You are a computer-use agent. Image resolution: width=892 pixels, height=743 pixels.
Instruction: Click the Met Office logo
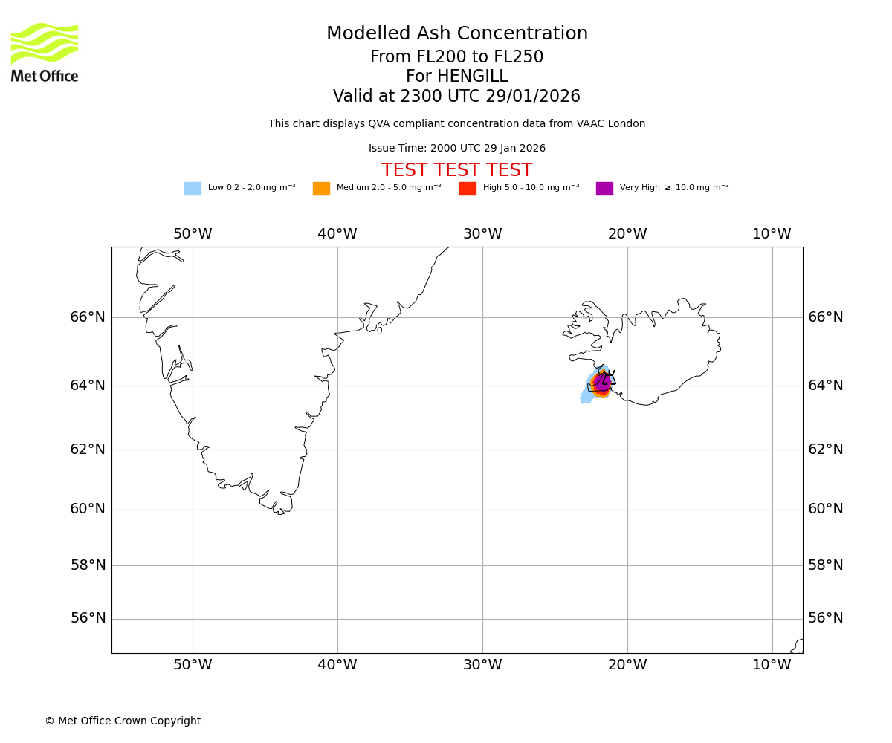(x=45, y=52)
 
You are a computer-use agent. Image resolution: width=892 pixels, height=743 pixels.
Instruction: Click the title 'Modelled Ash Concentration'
(x=456, y=34)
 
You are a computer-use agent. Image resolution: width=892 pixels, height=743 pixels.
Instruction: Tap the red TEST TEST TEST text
(x=456, y=170)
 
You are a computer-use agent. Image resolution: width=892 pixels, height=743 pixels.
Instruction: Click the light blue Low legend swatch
(x=193, y=189)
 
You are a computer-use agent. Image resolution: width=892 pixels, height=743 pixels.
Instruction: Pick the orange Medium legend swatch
(x=321, y=189)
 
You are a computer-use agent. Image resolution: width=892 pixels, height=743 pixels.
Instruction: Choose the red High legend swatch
(x=468, y=189)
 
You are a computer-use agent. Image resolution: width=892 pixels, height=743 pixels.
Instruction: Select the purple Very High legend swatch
(x=604, y=189)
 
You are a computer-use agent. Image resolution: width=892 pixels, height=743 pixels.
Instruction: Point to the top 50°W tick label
(x=193, y=234)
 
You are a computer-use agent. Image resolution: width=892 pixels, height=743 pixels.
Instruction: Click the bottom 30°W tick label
(x=482, y=665)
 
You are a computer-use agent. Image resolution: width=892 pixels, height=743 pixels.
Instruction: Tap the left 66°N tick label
(x=88, y=317)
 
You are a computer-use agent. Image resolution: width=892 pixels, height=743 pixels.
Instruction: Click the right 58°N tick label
(x=825, y=565)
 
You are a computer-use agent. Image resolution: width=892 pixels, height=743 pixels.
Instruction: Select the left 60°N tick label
(x=88, y=509)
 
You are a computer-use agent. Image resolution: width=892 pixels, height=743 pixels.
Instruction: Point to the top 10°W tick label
(x=772, y=234)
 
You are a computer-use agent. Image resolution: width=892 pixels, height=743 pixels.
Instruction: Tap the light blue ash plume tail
(x=586, y=396)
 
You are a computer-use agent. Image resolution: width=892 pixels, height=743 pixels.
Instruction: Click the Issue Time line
(x=456, y=149)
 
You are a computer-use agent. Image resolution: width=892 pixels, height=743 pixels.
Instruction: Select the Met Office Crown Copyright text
(x=123, y=721)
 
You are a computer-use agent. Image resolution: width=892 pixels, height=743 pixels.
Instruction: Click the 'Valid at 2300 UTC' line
(x=456, y=97)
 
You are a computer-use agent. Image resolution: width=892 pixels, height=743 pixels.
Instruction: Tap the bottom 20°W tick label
(x=627, y=665)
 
